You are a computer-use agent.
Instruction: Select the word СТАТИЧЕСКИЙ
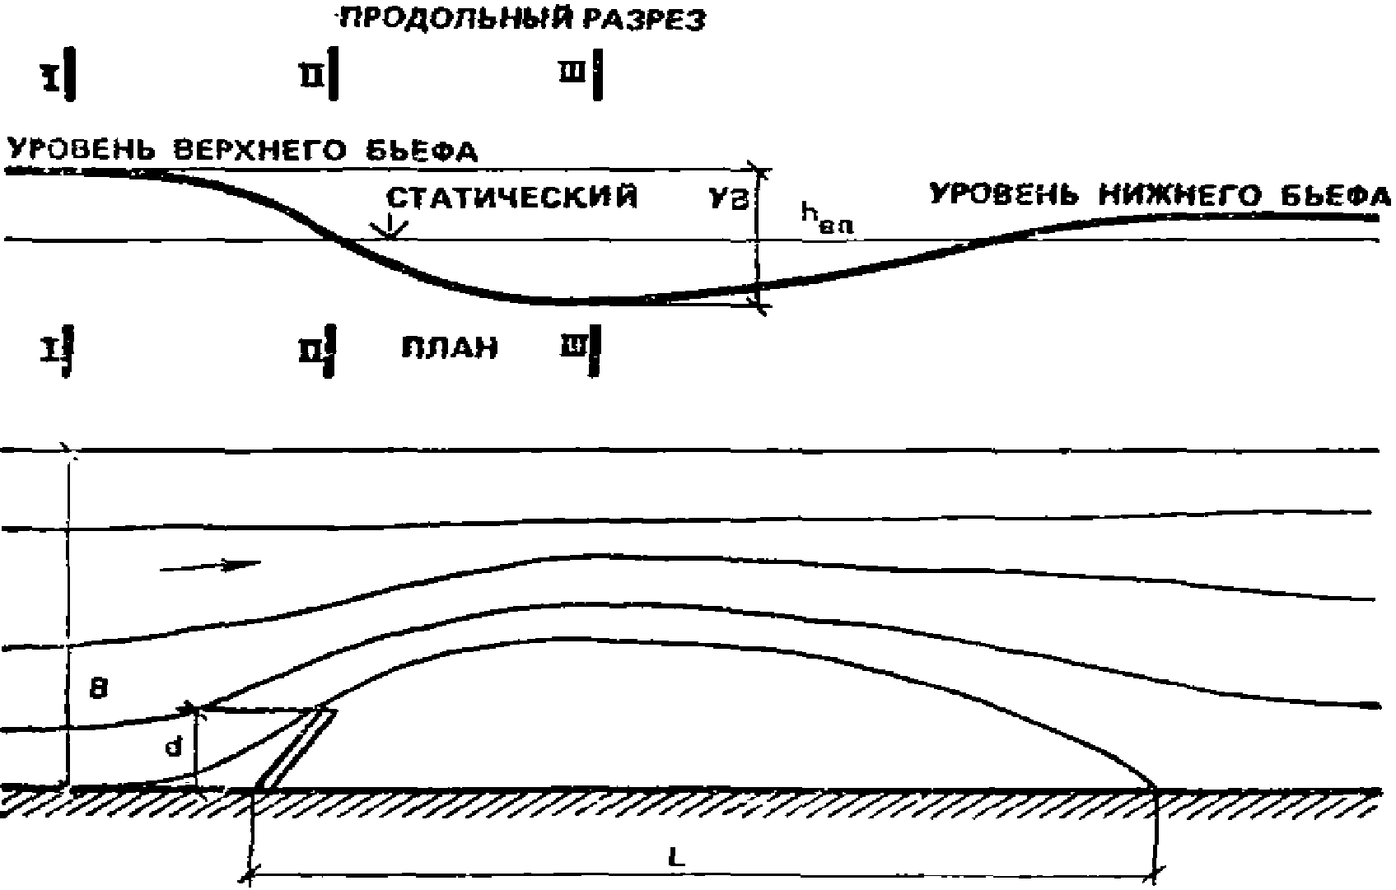pos(511,198)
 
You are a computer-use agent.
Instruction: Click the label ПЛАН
pos(450,347)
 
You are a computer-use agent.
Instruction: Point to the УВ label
pos(730,200)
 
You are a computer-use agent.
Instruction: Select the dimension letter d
pos(173,748)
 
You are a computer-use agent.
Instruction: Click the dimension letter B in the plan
pos(99,688)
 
